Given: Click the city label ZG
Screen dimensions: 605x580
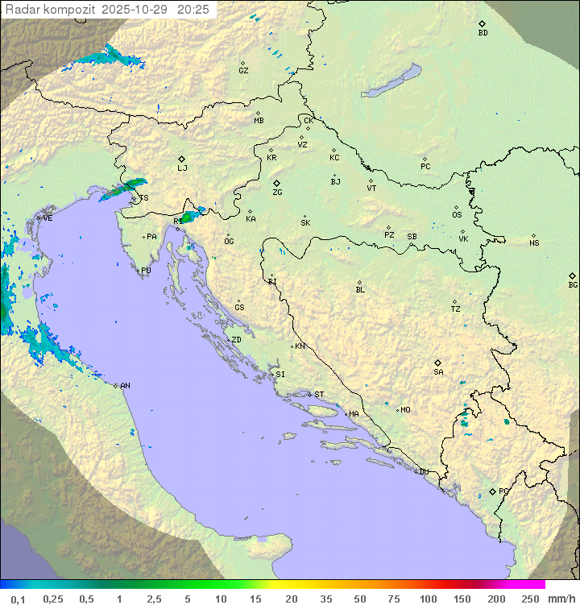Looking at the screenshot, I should click(x=277, y=193).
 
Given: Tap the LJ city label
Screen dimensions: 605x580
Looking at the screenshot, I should click(x=182, y=168).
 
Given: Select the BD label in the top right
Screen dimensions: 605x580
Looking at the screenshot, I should click(x=483, y=33).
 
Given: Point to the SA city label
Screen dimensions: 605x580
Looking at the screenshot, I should click(x=438, y=372).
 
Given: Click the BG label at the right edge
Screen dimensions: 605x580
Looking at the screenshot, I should click(x=573, y=284).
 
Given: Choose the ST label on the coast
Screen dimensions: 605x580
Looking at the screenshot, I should click(x=319, y=395).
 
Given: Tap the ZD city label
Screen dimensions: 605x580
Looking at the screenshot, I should click(x=236, y=340).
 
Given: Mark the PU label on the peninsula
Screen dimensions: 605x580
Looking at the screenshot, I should click(x=146, y=271).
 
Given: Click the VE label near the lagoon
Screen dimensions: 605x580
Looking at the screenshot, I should click(x=48, y=218).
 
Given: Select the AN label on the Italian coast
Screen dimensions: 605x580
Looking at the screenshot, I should click(x=125, y=386).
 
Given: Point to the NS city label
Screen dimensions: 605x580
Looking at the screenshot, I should click(x=534, y=243).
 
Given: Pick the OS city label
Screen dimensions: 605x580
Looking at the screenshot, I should click(x=457, y=215).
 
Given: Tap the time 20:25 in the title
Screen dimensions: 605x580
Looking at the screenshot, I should click(x=193, y=10).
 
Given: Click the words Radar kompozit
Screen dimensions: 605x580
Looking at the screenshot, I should click(x=51, y=10).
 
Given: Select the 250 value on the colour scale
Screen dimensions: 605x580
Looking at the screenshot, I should click(x=530, y=599).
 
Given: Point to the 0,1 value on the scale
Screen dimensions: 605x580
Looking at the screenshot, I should click(x=18, y=599).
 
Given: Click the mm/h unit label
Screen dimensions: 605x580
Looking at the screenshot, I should click(x=561, y=599).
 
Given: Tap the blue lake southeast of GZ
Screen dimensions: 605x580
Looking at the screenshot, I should click(x=391, y=81).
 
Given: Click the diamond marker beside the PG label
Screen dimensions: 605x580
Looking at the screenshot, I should click(x=493, y=491).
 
